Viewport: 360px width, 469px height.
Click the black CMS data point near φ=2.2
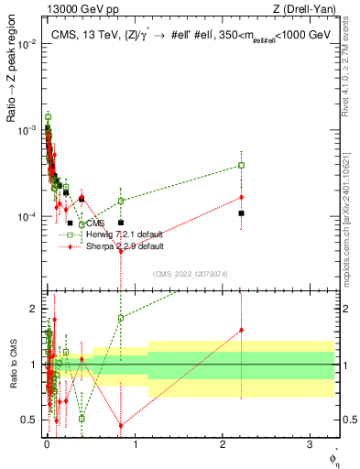[x=241, y=213]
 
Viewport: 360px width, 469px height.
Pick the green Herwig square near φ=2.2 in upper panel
[x=241, y=165]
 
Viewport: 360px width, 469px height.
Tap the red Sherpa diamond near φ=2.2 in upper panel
[x=241, y=197]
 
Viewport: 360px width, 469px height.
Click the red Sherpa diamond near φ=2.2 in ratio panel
[x=241, y=330]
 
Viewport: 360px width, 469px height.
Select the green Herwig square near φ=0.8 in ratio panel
[x=121, y=318]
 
